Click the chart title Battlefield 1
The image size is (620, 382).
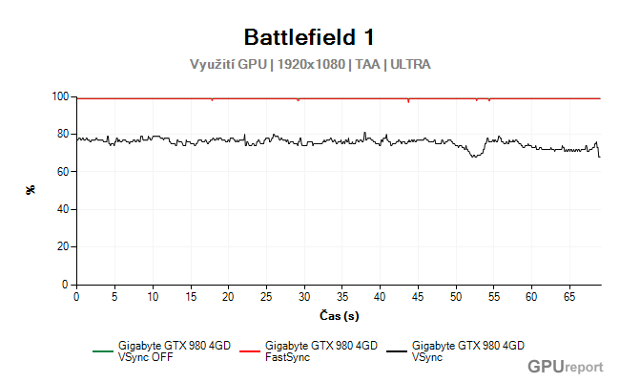pos(309,37)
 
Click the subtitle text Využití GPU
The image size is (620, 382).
pos(229,65)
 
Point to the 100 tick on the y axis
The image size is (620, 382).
pos(63,96)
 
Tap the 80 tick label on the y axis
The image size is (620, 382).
pos(65,134)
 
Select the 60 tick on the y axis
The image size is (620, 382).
pos(65,172)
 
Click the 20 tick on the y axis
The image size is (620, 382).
pos(65,246)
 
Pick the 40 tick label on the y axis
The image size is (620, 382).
pos(65,209)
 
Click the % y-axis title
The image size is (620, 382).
pos(31,190)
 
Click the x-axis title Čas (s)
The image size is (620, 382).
pos(339,314)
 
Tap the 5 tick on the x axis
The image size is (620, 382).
pos(114,297)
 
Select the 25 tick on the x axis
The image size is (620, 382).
pos(266,297)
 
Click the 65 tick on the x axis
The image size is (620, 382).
pos(569,297)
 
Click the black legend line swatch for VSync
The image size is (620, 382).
pos(394,351)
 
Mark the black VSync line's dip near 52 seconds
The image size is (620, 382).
pos(472,156)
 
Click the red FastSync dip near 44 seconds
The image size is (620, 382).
pos(408,101)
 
